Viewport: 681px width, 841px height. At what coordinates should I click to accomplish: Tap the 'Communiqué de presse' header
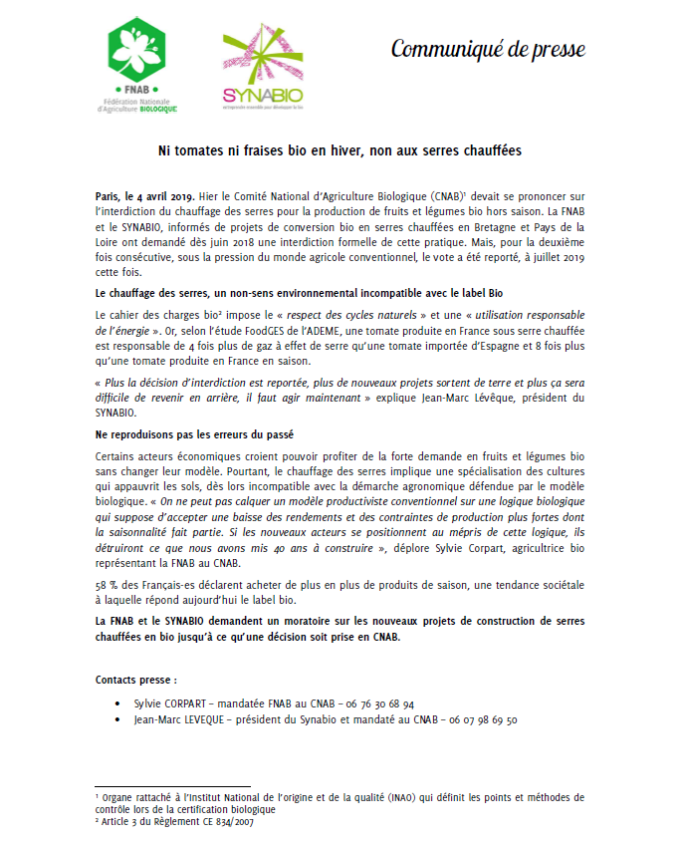(487, 49)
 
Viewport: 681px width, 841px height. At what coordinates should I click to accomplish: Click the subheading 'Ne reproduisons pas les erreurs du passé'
(197, 435)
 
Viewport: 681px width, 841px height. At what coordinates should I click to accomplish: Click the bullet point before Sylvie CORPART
(119, 703)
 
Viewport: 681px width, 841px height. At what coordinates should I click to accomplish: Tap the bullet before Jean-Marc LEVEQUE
(119, 719)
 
